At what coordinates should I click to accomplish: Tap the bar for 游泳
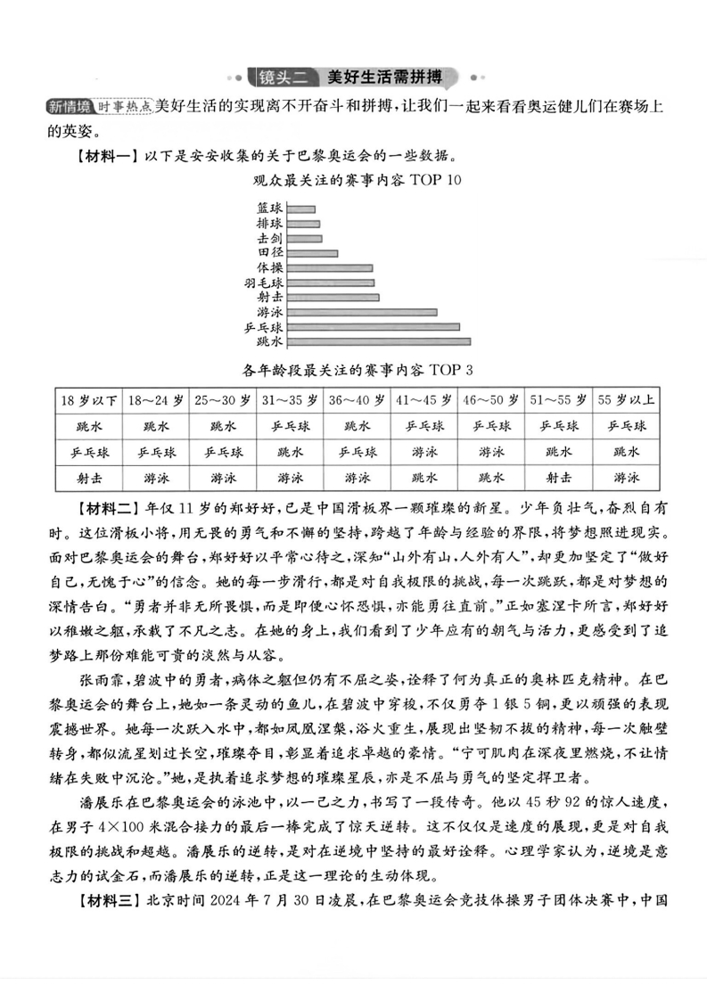pyautogui.click(x=362, y=312)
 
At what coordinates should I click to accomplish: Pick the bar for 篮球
pyautogui.click(x=301, y=209)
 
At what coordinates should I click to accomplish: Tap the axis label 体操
pyautogui.click(x=269, y=267)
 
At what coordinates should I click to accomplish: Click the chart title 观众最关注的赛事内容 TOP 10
pyautogui.click(x=353, y=181)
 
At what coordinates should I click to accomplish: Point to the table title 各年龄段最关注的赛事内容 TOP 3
pyautogui.click(x=354, y=370)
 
